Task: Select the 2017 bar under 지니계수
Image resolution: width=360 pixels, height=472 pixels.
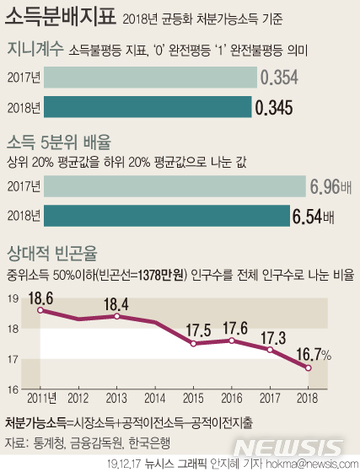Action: [x=150, y=78]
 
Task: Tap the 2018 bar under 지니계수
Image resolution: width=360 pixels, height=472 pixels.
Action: [x=148, y=108]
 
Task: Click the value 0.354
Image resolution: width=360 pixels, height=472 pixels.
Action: [x=279, y=78]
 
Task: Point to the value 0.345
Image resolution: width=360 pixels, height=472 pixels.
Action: [x=275, y=108]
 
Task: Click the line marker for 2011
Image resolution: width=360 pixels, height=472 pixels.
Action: [x=40, y=310]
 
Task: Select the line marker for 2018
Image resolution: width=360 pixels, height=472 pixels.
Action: [x=309, y=367]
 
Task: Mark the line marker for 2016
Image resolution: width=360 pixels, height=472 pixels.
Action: [x=232, y=341]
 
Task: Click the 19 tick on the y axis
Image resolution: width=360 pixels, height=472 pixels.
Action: [x=12, y=298]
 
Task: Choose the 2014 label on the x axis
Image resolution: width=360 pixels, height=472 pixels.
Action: [x=155, y=397]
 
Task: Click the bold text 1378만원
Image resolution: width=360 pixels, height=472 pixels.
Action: [x=161, y=275]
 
